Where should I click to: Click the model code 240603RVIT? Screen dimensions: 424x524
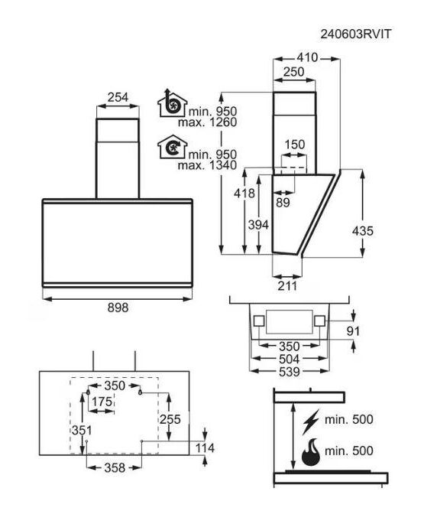(355, 34)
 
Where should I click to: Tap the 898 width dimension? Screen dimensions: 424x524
(118, 308)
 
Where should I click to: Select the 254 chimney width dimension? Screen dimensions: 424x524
(118, 97)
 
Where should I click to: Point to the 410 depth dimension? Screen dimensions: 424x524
(307, 58)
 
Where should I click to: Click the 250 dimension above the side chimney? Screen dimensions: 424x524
(294, 72)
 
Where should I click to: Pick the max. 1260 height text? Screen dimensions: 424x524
(207, 122)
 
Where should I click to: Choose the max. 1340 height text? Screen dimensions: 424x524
(207, 165)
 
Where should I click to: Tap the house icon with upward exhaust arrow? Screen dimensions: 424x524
(172, 103)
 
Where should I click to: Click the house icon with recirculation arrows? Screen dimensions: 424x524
(172, 147)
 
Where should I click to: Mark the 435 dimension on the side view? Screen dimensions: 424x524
(363, 231)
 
